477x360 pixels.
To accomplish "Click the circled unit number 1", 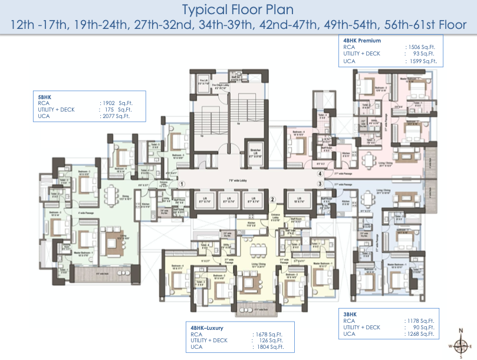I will (183, 184).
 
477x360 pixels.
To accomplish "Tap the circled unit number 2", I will (272, 199).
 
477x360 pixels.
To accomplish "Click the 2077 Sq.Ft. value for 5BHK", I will (116, 117).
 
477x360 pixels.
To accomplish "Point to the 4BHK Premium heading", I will (362, 41).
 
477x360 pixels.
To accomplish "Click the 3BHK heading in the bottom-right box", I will (351, 314).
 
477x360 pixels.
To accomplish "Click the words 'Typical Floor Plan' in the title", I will (238, 9).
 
